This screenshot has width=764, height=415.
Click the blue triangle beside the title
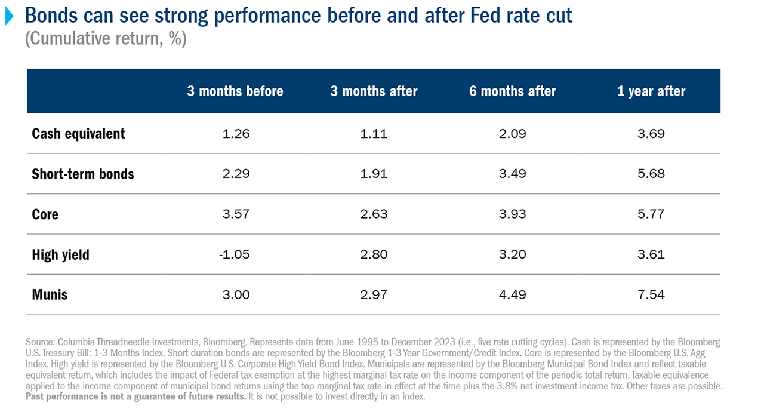point(9,16)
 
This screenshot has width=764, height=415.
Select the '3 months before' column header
point(235,91)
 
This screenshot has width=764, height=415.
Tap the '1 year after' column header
point(651,91)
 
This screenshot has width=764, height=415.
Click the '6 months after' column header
point(512,91)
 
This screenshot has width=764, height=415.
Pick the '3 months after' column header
point(374,91)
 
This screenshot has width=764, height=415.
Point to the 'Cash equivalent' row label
point(78,133)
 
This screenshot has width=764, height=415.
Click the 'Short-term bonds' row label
point(83,174)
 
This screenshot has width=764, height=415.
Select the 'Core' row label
point(45,214)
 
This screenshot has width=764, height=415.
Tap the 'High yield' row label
point(60,254)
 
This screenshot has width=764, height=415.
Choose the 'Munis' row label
point(50,294)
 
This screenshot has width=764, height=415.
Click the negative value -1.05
point(235,254)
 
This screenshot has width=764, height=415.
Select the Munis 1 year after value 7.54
point(651,294)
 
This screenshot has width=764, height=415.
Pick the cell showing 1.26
point(235,133)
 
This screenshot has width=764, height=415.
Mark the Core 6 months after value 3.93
point(512,214)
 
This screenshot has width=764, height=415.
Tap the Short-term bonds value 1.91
point(374,174)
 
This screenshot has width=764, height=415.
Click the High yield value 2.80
point(374,254)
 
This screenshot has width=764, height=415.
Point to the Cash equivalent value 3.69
point(651,133)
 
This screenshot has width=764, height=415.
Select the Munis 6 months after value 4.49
point(512,294)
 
